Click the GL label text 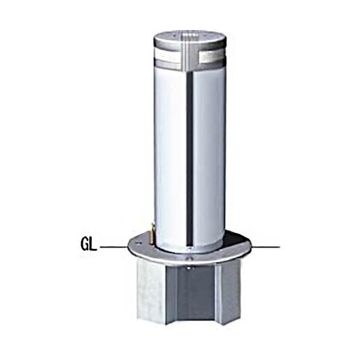89,246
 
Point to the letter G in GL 85,246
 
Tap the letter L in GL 94,246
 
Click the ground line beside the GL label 113,247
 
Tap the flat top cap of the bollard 190,37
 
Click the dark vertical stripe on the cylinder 190,156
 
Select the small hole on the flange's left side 139,243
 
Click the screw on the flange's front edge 190,259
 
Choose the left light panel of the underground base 151,291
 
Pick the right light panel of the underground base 229,291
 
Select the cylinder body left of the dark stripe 171,156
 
